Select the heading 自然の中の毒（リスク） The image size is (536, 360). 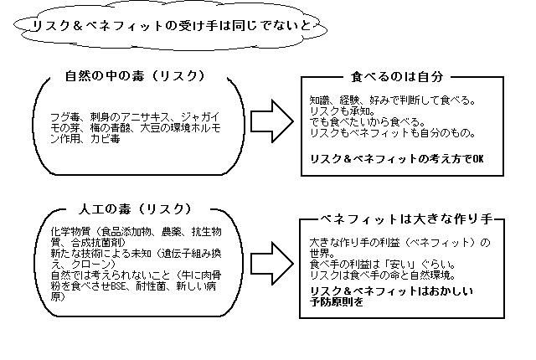click(x=135, y=76)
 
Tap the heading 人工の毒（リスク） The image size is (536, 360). click(x=135, y=208)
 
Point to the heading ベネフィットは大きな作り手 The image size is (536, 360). click(x=401, y=219)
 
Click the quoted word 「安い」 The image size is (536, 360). click(x=405, y=265)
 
